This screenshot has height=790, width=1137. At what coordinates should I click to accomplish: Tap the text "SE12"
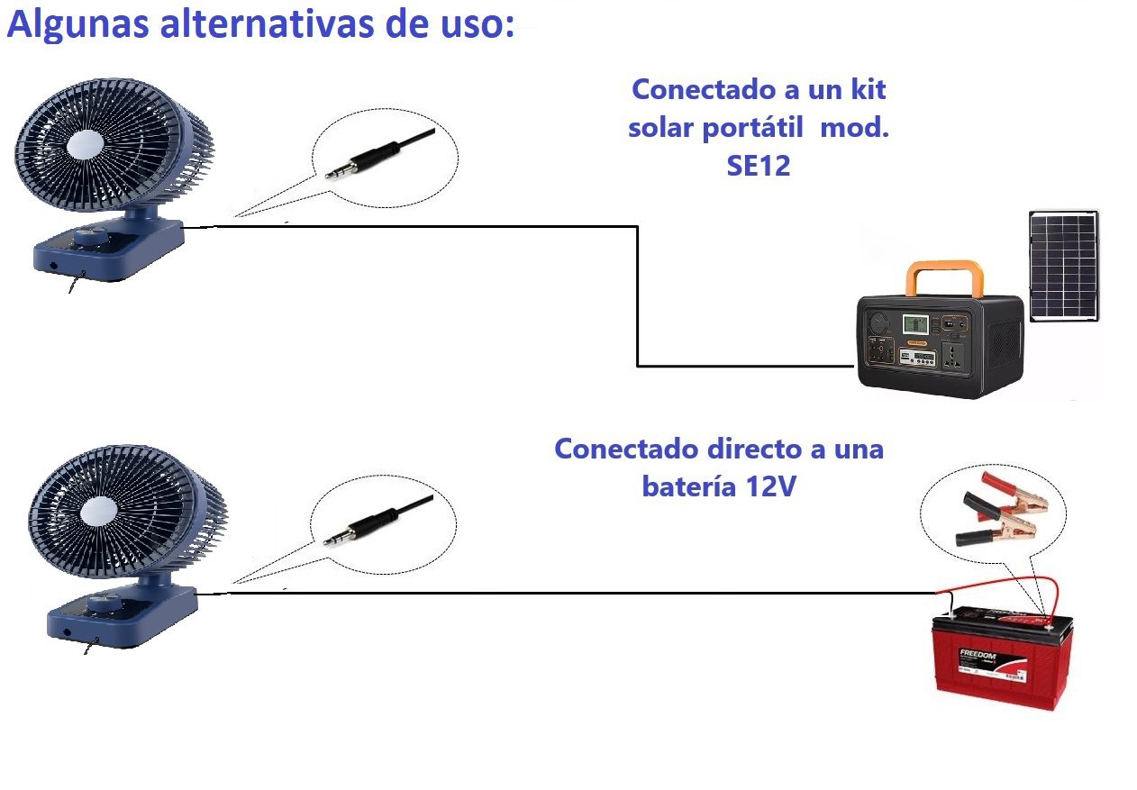pos(758,166)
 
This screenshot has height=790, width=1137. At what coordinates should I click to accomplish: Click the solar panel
pos(1064,266)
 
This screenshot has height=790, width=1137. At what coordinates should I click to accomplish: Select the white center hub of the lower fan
pos(98,513)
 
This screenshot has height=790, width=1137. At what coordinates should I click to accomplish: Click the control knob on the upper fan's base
pos(87,238)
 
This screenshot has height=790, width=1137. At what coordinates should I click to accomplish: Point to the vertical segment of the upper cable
pos(637,297)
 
